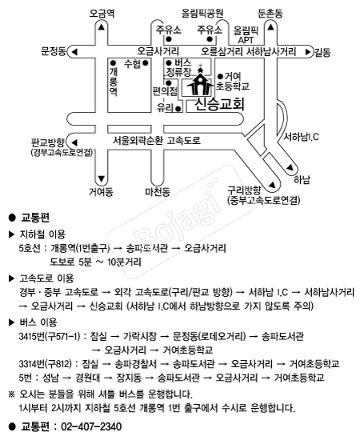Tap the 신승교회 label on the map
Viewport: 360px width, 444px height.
(219, 105)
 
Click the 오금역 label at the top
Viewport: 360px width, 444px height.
(102, 14)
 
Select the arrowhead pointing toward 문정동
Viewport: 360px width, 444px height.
(74, 52)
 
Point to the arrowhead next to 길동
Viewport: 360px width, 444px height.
(308, 52)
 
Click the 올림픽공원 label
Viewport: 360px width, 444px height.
(202, 13)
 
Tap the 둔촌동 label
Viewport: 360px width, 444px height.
(270, 14)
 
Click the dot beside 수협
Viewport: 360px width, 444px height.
(146, 63)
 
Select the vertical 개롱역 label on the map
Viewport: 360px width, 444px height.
(114, 82)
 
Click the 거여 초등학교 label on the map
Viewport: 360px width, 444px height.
(233, 82)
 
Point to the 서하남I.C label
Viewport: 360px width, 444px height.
(301, 137)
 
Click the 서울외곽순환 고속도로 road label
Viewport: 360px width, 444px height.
(157, 140)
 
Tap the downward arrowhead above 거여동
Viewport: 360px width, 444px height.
(102, 179)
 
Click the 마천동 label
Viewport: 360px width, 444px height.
(158, 192)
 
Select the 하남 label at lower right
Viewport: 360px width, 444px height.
(302, 180)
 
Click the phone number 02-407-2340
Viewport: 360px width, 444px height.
(91, 426)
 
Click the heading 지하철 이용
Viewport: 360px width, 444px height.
(42, 234)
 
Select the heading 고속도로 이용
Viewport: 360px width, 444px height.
(46, 278)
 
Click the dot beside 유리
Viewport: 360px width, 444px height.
(178, 109)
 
